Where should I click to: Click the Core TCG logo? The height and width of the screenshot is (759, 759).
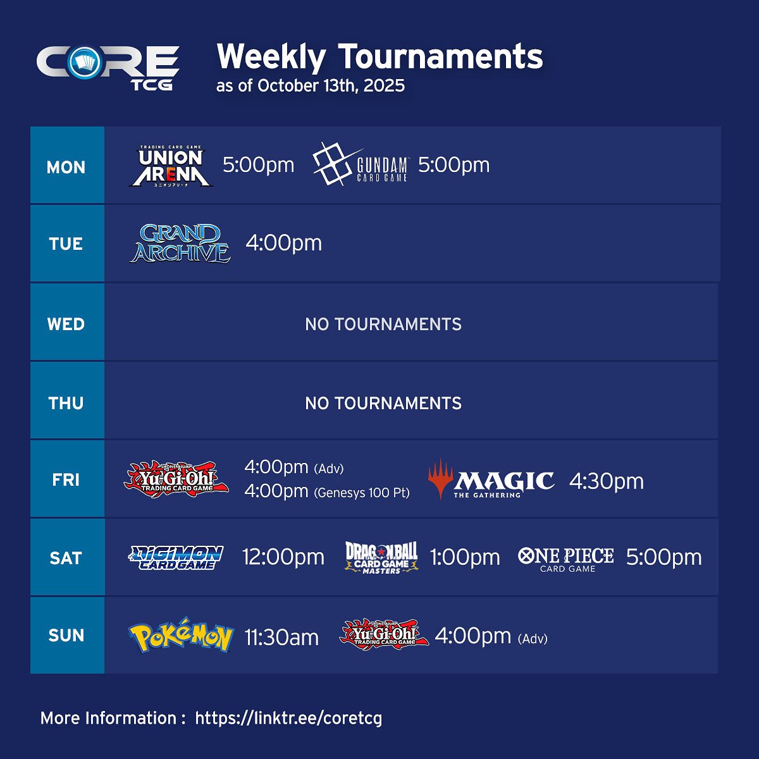click(x=108, y=66)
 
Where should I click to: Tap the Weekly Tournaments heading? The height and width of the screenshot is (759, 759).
click(x=379, y=57)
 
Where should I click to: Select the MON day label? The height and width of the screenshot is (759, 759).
click(x=66, y=167)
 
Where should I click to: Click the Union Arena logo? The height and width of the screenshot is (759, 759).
click(x=171, y=166)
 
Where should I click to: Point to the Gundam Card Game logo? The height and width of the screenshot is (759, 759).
click(x=361, y=164)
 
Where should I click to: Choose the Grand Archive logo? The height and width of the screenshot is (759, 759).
click(x=181, y=244)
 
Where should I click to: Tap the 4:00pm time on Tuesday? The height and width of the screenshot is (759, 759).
click(x=283, y=243)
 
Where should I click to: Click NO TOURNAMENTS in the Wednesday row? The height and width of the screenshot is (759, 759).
click(x=383, y=324)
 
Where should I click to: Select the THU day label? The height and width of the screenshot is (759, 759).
click(x=66, y=403)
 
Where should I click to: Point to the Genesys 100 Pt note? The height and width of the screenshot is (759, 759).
click(x=362, y=493)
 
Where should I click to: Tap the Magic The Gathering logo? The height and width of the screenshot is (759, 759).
click(x=491, y=480)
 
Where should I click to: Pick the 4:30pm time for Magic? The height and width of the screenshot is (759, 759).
click(x=606, y=481)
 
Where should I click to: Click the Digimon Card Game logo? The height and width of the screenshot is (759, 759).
click(x=176, y=558)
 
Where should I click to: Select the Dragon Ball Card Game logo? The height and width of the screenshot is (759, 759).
click(x=381, y=557)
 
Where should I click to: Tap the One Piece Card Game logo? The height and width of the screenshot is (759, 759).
click(x=566, y=558)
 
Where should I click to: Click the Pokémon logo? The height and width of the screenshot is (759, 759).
click(x=181, y=635)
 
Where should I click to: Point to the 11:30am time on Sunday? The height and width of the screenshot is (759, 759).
click(x=281, y=638)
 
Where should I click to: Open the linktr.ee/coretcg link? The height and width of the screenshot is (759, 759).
click(x=288, y=719)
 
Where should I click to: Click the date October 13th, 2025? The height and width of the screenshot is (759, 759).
click(x=331, y=86)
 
